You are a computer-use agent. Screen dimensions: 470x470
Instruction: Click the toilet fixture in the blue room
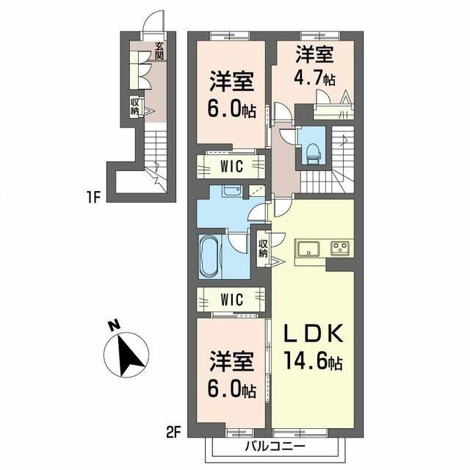314,153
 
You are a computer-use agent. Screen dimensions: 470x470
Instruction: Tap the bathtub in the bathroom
210,256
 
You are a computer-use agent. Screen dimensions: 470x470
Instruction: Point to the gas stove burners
340,248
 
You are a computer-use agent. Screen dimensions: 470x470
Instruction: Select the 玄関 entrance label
159,51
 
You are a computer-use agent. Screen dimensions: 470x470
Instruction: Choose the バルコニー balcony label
275,446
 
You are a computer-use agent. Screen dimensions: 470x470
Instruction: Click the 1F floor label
93,198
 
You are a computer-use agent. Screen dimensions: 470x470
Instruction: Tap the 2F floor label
173,433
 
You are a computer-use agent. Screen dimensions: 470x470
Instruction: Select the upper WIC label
231,167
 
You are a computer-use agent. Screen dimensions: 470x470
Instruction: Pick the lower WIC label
231,299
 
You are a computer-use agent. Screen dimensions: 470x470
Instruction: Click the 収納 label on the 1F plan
134,106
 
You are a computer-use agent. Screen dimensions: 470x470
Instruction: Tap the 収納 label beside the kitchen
263,248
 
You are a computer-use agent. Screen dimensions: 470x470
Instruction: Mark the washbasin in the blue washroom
231,191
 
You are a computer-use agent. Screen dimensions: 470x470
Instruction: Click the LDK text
313,334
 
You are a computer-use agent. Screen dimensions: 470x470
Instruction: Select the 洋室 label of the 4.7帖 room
314,54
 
